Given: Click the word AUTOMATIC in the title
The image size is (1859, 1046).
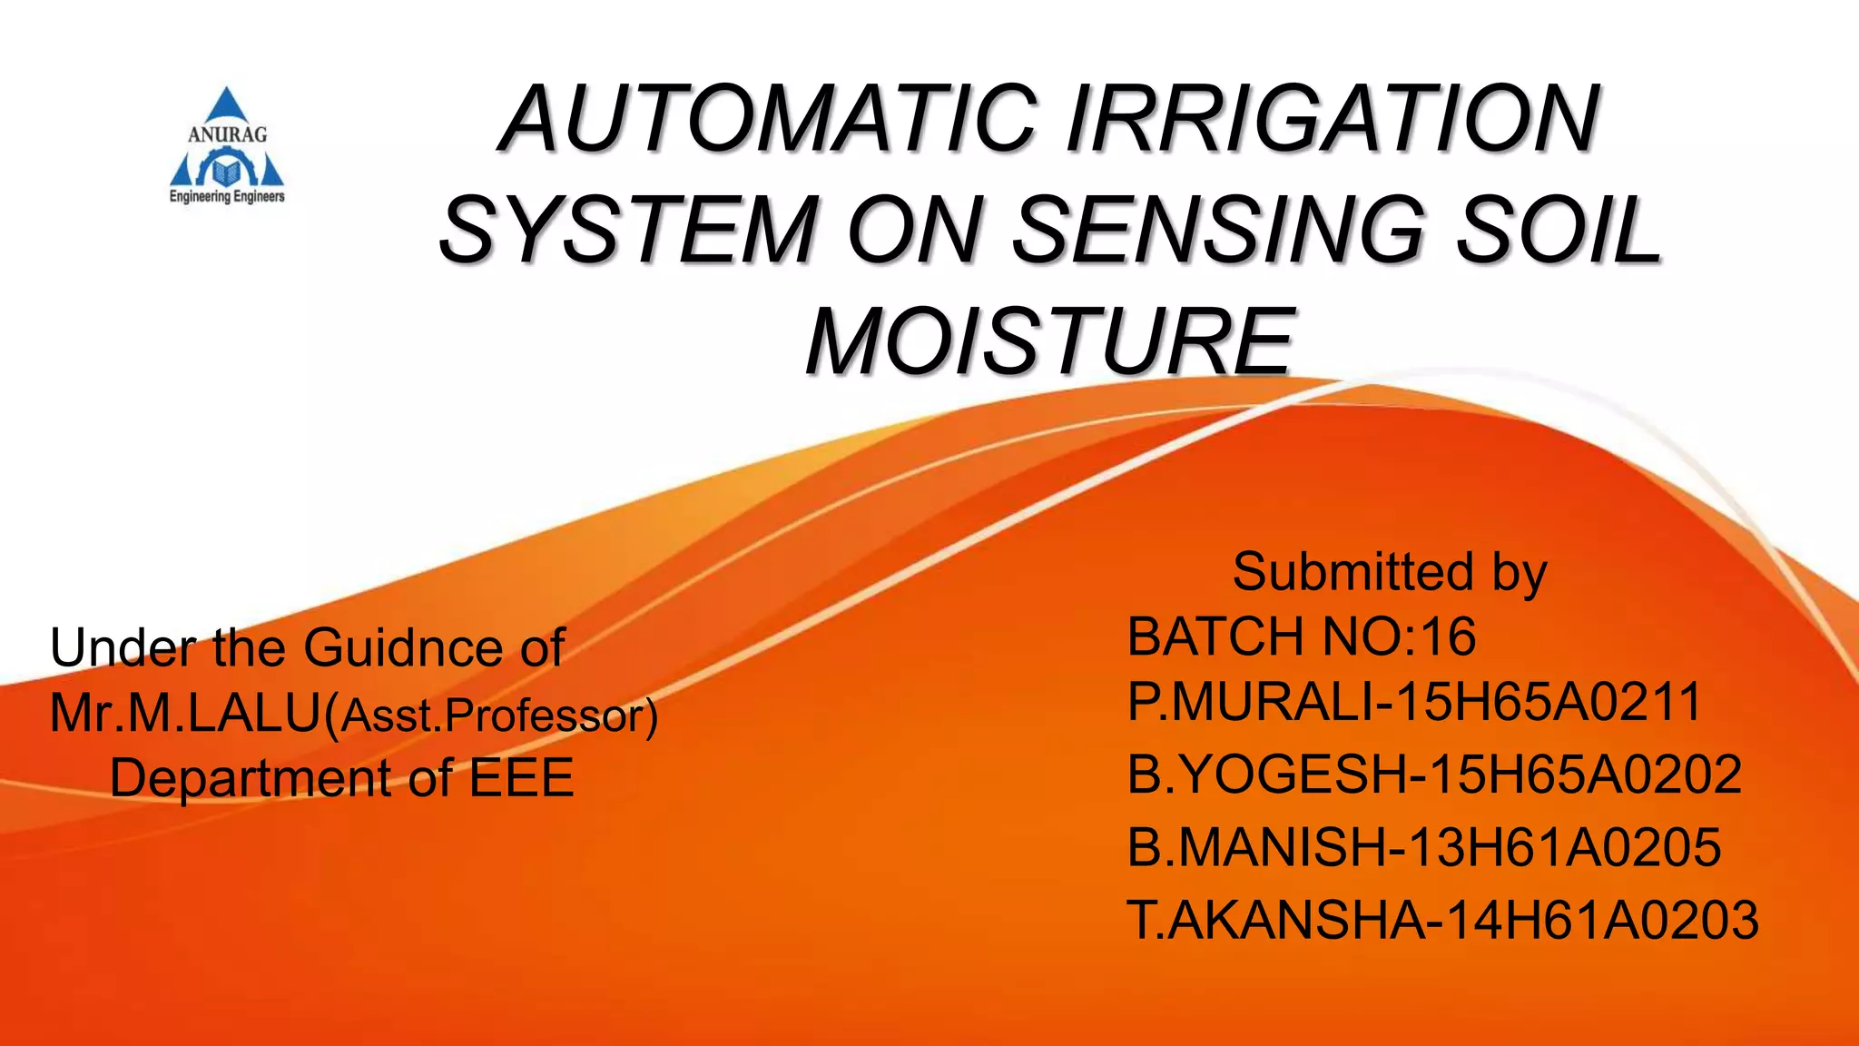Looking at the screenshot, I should [767, 120].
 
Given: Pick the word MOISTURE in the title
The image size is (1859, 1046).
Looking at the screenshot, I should [1050, 341].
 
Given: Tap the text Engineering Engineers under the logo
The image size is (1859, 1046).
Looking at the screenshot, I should [227, 196].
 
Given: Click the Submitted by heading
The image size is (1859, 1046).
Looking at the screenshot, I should [1389, 572].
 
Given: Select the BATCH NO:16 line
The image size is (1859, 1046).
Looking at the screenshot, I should [1301, 636].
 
